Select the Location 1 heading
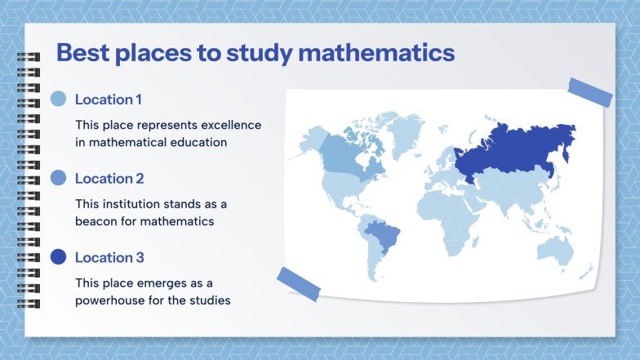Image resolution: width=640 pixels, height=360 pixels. (108, 100)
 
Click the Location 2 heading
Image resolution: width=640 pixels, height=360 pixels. (109, 178)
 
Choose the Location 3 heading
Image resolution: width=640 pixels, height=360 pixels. (109, 257)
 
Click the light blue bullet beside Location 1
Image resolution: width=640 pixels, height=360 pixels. (58, 100)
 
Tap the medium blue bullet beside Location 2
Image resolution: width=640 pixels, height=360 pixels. (58, 178)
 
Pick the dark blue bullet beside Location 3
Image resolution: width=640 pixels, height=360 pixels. (58, 257)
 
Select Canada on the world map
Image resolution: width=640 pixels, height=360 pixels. (343, 155)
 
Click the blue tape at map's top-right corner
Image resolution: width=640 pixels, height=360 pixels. (589, 92)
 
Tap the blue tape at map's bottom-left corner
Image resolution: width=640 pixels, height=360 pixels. (298, 283)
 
